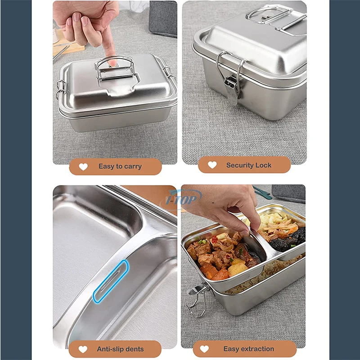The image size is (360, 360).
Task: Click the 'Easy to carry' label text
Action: coord(120,166)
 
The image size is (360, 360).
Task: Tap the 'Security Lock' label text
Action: coord(249,165)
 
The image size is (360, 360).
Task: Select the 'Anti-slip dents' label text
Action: coord(120,349)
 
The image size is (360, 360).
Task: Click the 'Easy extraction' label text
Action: coord(248,349)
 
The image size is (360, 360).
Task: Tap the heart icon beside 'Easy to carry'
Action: coord(83,166)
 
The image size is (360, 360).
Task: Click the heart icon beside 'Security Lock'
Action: coord(212,165)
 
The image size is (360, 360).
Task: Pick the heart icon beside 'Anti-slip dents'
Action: coord(83,349)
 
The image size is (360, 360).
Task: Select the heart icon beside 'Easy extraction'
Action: coord(204,349)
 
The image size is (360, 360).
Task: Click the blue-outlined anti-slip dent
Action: coord(111,281)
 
